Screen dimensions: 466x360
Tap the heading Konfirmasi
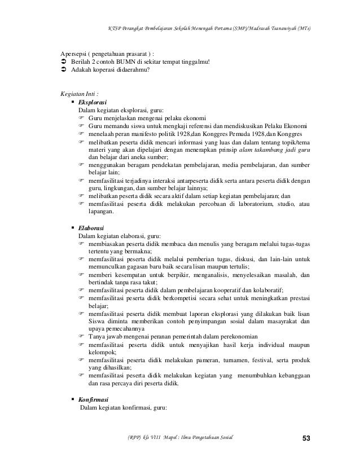(93, 399)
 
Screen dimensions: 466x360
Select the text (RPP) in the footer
(135, 438)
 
